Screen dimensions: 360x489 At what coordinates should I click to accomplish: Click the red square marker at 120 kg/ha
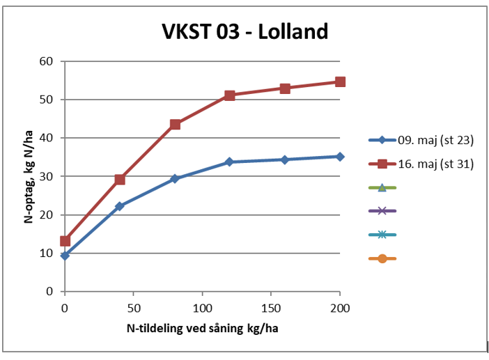(x=229, y=95)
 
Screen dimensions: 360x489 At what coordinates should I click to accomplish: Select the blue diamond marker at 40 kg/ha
(x=120, y=206)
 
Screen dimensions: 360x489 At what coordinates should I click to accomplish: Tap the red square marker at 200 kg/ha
(x=340, y=81)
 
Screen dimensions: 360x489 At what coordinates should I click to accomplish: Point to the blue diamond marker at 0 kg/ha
(x=65, y=256)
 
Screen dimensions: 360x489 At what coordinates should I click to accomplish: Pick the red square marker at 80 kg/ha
(x=175, y=125)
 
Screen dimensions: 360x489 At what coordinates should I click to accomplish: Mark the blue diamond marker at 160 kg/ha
(x=285, y=159)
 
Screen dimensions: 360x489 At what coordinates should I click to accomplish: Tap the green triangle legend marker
(x=382, y=187)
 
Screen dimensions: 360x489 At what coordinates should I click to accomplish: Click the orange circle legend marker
(x=382, y=259)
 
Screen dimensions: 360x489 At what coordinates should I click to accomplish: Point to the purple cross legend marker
(x=382, y=211)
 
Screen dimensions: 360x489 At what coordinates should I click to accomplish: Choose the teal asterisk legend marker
(x=382, y=235)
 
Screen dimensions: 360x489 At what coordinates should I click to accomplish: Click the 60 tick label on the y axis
(x=47, y=61)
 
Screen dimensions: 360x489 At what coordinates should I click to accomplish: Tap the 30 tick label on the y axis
(x=47, y=176)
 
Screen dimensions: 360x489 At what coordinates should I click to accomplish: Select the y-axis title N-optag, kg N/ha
(x=30, y=176)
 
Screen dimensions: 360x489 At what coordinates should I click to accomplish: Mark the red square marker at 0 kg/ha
(x=65, y=241)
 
